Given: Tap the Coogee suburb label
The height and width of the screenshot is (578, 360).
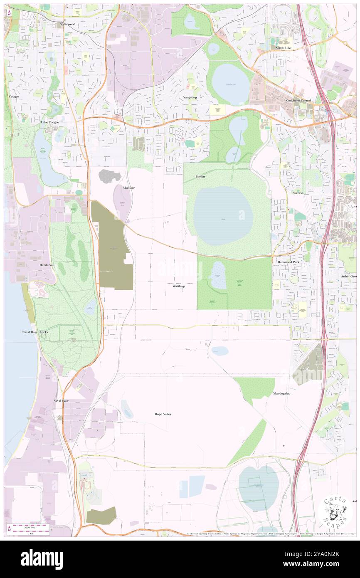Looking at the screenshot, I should [14, 96].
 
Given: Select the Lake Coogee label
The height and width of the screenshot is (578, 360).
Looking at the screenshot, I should [49, 122].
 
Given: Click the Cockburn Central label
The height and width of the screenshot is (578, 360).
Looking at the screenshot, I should [298, 101].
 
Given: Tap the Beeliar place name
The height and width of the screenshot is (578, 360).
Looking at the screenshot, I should [201, 177].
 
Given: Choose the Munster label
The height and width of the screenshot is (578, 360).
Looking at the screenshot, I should [128, 188].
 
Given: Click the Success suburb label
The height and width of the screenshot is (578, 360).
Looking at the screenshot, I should [298, 193].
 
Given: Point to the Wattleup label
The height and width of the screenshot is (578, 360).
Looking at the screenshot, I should [178, 286].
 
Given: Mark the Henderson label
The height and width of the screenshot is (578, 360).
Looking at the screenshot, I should [47, 264].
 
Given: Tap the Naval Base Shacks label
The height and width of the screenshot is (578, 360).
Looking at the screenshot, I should [35, 332].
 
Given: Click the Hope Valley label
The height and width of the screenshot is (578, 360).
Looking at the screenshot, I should [163, 414].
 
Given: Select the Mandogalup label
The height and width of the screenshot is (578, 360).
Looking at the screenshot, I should [282, 393].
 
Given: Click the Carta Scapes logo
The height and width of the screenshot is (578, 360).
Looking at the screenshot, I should [335, 511].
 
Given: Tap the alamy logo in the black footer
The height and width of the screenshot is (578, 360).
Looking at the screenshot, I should [42, 559].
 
